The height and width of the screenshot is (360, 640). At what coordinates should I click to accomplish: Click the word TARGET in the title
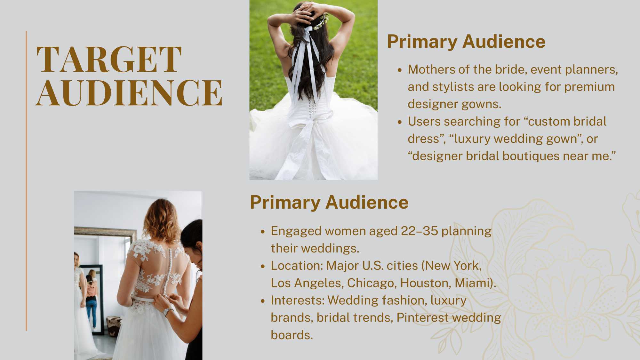coord(109,60)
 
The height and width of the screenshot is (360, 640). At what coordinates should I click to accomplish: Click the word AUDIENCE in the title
coord(129,93)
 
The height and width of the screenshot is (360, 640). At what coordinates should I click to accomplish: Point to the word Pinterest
coord(422,317)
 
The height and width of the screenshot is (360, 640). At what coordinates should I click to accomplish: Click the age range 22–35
coord(419,231)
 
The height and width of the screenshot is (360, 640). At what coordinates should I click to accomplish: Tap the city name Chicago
coord(371,283)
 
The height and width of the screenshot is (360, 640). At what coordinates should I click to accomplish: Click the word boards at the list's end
coord(292,335)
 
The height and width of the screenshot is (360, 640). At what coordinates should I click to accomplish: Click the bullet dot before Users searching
coord(399,122)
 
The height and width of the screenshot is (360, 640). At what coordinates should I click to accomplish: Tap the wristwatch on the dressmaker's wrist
coord(168,311)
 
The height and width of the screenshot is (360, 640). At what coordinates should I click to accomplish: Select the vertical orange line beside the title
coord(26,181)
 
